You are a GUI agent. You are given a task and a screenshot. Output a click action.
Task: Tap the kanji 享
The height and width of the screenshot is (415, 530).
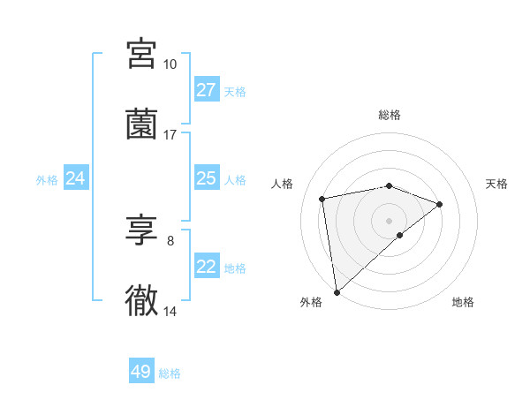(x=142, y=232)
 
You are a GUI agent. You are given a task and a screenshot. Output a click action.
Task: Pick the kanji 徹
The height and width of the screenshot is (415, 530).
(x=142, y=301)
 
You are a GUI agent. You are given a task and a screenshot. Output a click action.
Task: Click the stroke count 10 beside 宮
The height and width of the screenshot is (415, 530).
(x=170, y=64)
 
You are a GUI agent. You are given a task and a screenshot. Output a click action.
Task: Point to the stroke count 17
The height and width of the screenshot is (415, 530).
(x=170, y=135)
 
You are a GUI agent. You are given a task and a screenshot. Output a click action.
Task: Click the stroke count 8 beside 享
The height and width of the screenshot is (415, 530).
(x=170, y=241)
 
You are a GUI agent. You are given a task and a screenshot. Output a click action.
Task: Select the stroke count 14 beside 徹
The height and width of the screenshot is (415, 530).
(x=170, y=311)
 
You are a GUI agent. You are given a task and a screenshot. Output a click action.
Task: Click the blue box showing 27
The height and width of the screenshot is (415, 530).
(x=206, y=89)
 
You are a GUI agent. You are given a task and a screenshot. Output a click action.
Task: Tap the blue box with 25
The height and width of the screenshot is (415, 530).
(x=206, y=178)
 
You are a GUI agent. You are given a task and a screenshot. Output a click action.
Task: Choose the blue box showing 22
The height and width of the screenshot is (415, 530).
(x=206, y=267)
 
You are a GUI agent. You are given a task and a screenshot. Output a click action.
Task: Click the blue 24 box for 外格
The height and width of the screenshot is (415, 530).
(x=75, y=178)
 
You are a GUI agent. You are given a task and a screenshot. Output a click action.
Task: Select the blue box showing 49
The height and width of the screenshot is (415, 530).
(x=141, y=372)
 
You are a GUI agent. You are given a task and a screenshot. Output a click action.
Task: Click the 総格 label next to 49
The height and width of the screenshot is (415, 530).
(x=170, y=373)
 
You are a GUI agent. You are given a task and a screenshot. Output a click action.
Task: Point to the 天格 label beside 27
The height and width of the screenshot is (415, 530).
(x=235, y=91)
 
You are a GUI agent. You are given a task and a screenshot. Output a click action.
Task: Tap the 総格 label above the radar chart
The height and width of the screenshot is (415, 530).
(x=390, y=115)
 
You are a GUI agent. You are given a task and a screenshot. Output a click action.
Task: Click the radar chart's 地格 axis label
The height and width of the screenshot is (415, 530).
(x=463, y=302)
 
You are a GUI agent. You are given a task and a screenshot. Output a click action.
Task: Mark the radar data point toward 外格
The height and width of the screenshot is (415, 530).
(x=336, y=291)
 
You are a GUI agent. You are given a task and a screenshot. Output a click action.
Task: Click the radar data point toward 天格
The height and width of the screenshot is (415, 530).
(x=440, y=204)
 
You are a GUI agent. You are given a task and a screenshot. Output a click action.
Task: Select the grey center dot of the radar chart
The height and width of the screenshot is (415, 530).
(x=390, y=220)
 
